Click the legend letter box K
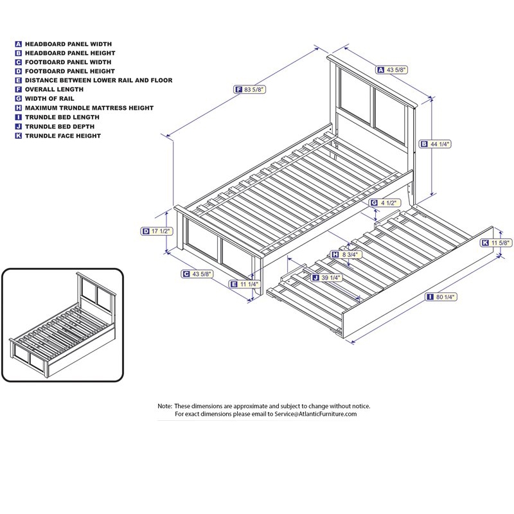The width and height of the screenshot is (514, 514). tap(19, 136)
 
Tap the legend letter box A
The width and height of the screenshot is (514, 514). tap(19, 44)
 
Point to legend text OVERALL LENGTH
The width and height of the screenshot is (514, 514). tap(54, 89)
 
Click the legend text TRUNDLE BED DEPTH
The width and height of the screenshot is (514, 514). tap(62, 127)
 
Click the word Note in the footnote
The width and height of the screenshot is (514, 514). tap(164, 406)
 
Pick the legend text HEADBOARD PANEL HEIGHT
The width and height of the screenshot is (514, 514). tap(70, 53)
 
